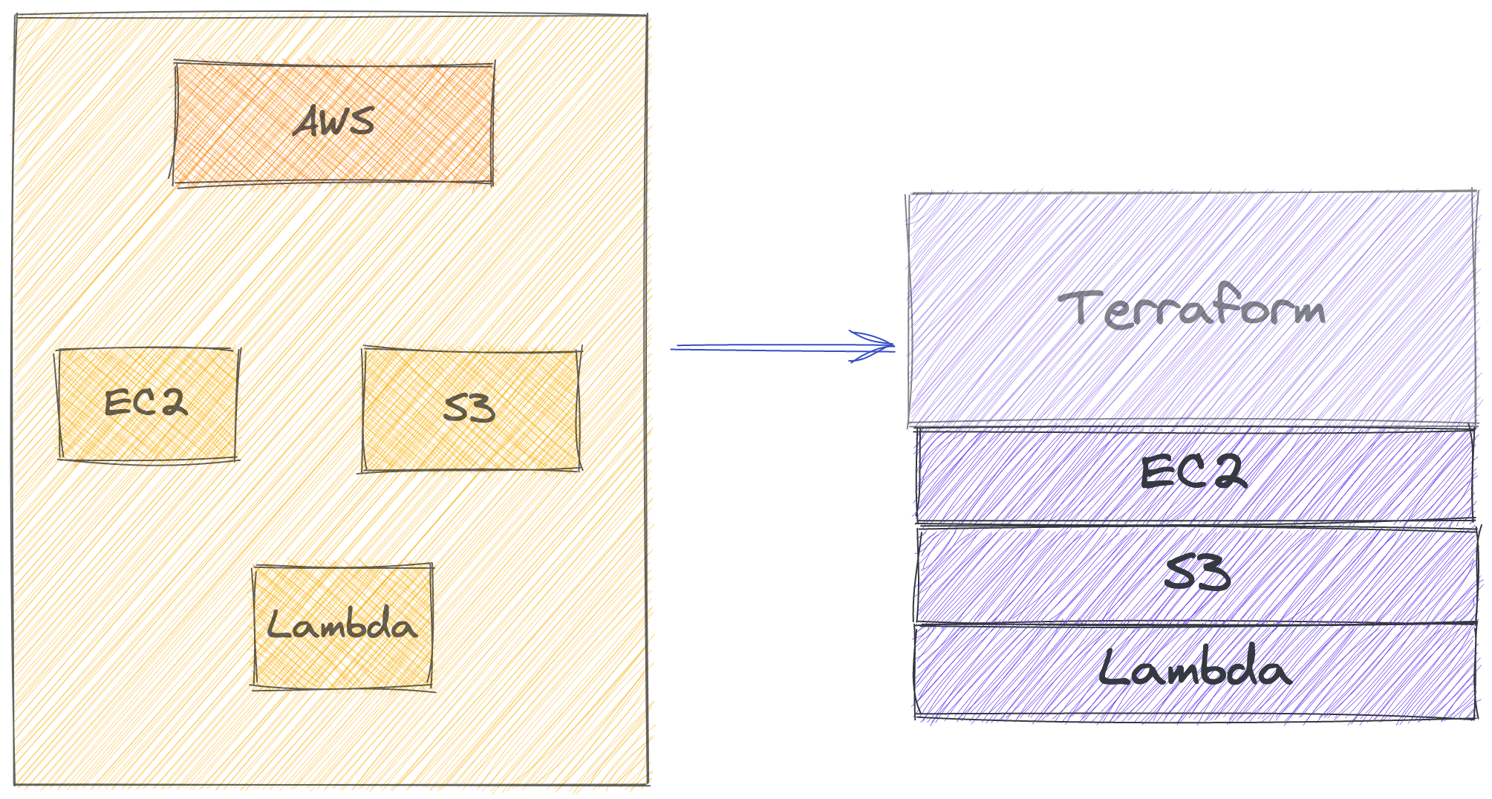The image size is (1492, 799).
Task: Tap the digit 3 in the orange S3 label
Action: (480, 409)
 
